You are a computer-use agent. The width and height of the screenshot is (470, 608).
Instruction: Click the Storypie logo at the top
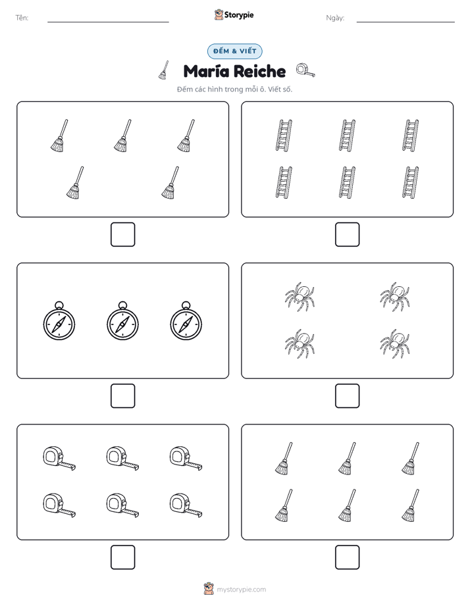coord(234,14)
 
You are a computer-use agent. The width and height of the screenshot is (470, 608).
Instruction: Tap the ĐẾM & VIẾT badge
coord(234,51)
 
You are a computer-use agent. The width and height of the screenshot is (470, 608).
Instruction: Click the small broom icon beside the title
coord(164,70)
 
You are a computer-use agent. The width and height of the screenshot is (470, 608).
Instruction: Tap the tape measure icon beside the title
coord(305,70)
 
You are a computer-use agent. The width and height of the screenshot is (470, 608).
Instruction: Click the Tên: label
coord(22,18)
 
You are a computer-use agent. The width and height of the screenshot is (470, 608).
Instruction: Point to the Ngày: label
coord(335,18)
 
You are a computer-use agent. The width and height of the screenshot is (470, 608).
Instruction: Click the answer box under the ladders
coord(347,235)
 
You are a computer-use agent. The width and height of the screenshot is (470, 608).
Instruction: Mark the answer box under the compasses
coord(123,396)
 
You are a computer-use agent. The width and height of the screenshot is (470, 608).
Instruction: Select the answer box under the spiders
coord(347,396)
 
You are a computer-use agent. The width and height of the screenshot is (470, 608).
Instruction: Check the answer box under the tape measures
coord(123,557)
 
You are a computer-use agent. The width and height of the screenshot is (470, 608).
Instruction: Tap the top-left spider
coord(300,297)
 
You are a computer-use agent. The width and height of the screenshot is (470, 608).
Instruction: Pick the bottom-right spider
coord(395,344)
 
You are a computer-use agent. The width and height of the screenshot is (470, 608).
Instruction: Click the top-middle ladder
coord(347,136)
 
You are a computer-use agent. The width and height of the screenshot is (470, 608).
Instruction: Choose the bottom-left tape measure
coord(59,505)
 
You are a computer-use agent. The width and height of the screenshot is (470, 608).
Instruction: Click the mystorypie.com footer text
coord(241,590)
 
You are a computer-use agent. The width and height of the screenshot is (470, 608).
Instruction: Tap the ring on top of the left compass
coord(59,305)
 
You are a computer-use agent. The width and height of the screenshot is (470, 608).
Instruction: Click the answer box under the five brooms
coord(123,235)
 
